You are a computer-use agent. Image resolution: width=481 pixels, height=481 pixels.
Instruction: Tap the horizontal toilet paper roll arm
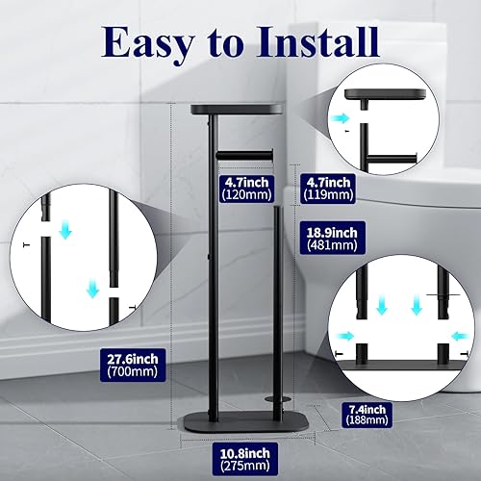click(246, 153)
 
